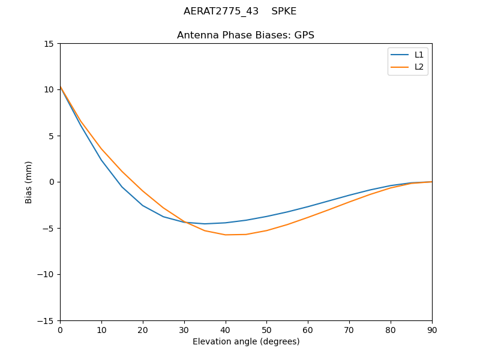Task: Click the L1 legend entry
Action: (x=419, y=55)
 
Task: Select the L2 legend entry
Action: (x=419, y=67)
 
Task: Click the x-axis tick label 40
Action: (x=226, y=329)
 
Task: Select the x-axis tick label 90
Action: (x=431, y=329)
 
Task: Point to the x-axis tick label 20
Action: (x=143, y=329)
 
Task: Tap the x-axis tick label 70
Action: (x=349, y=329)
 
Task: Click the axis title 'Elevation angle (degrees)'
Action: (x=246, y=341)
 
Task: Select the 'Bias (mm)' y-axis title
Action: (x=29, y=182)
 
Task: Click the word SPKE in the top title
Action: (x=284, y=11)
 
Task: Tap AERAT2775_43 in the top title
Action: (x=221, y=11)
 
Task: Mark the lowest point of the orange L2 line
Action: (x=226, y=235)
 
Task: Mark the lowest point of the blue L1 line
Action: (x=205, y=224)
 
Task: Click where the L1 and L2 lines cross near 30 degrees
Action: (x=183, y=222)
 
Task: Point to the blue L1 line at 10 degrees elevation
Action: (x=101, y=160)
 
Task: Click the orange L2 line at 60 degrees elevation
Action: (x=308, y=217)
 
